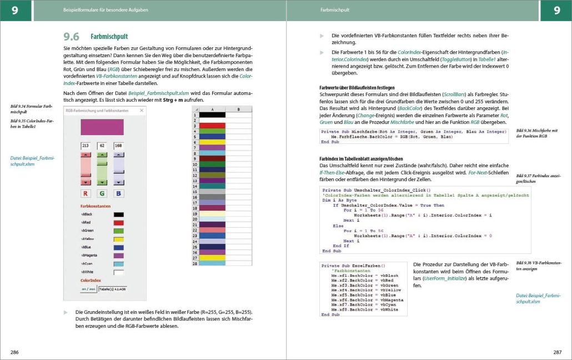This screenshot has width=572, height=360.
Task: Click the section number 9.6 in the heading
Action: (72, 37)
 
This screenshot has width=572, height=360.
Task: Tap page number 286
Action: (14, 352)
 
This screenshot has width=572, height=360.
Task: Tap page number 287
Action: (557, 352)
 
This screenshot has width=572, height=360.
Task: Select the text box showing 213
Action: (86, 146)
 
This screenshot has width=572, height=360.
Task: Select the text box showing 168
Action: (119, 146)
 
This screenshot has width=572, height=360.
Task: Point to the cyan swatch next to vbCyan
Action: (118, 263)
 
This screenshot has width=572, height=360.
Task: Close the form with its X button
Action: (142, 111)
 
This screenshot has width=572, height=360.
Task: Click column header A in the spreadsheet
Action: (212, 109)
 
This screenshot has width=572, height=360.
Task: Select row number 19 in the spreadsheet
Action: (195, 207)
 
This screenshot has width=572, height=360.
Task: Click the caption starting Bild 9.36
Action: (536, 133)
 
